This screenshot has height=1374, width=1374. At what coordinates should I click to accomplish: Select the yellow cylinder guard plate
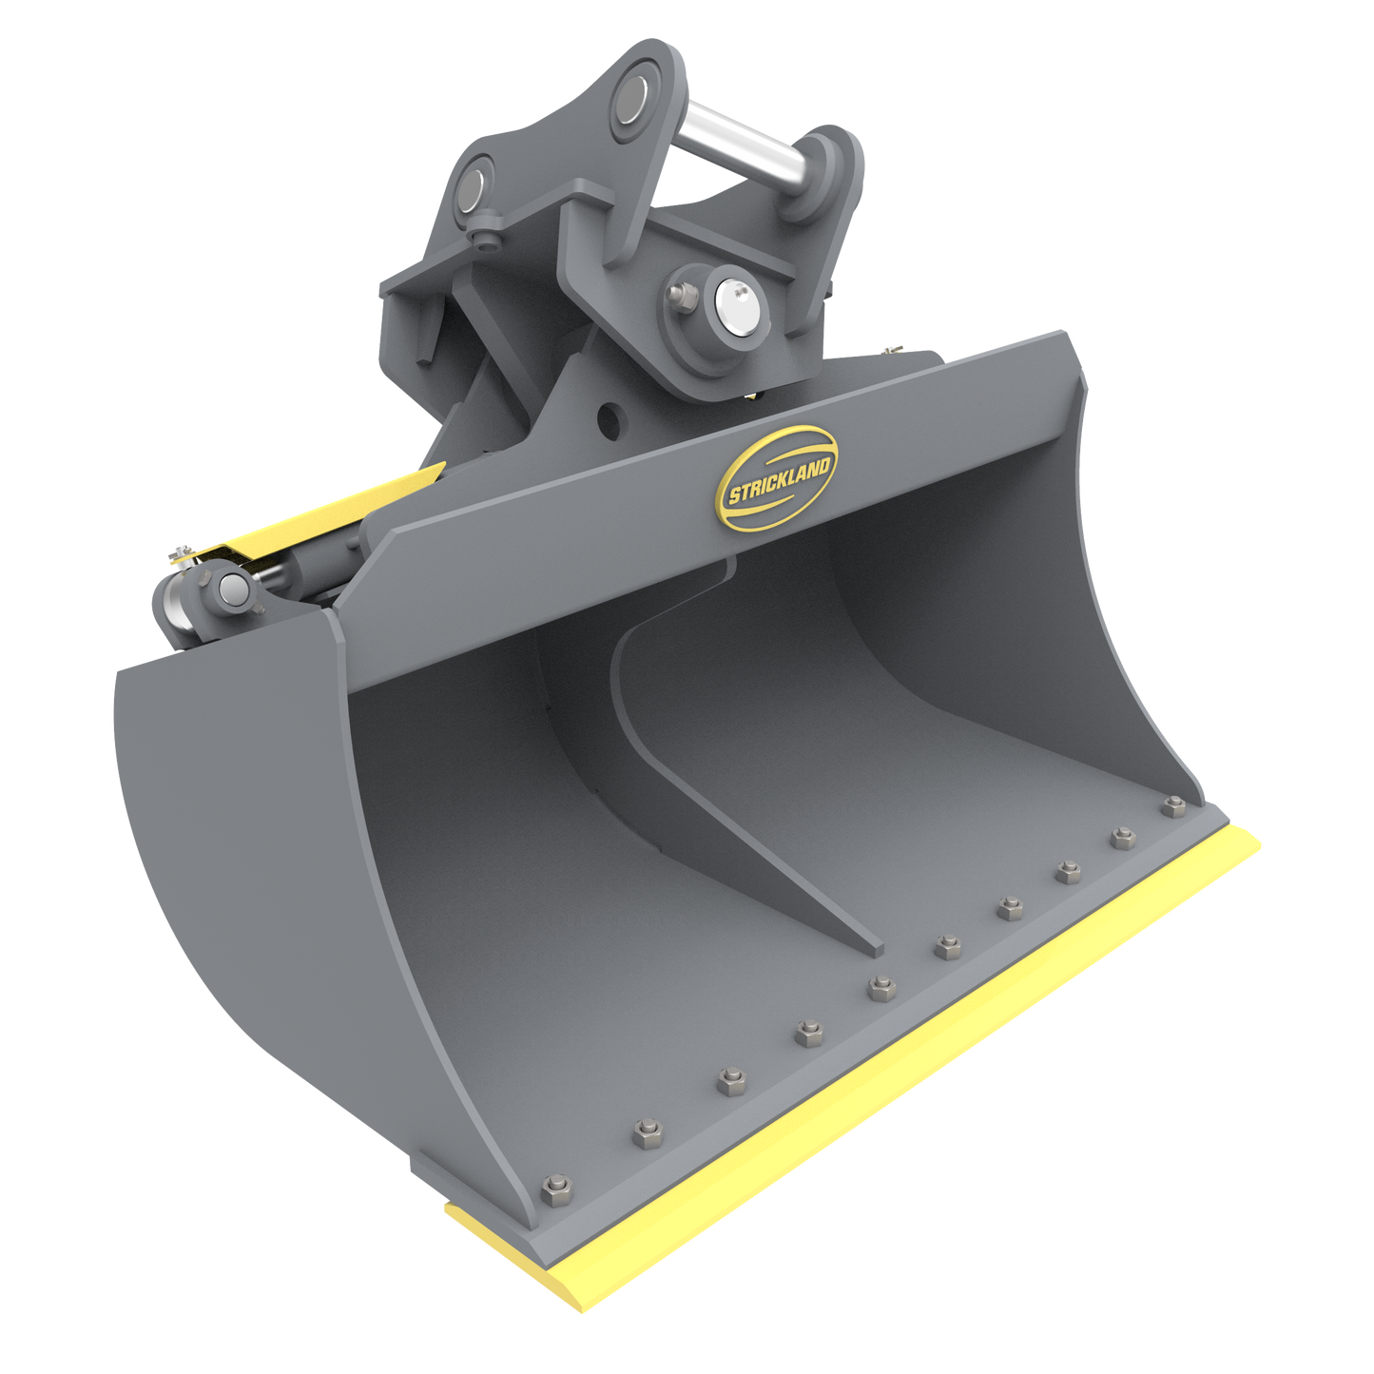tap(314, 518)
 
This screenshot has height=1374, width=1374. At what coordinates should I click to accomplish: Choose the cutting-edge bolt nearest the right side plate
tap(1170, 808)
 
